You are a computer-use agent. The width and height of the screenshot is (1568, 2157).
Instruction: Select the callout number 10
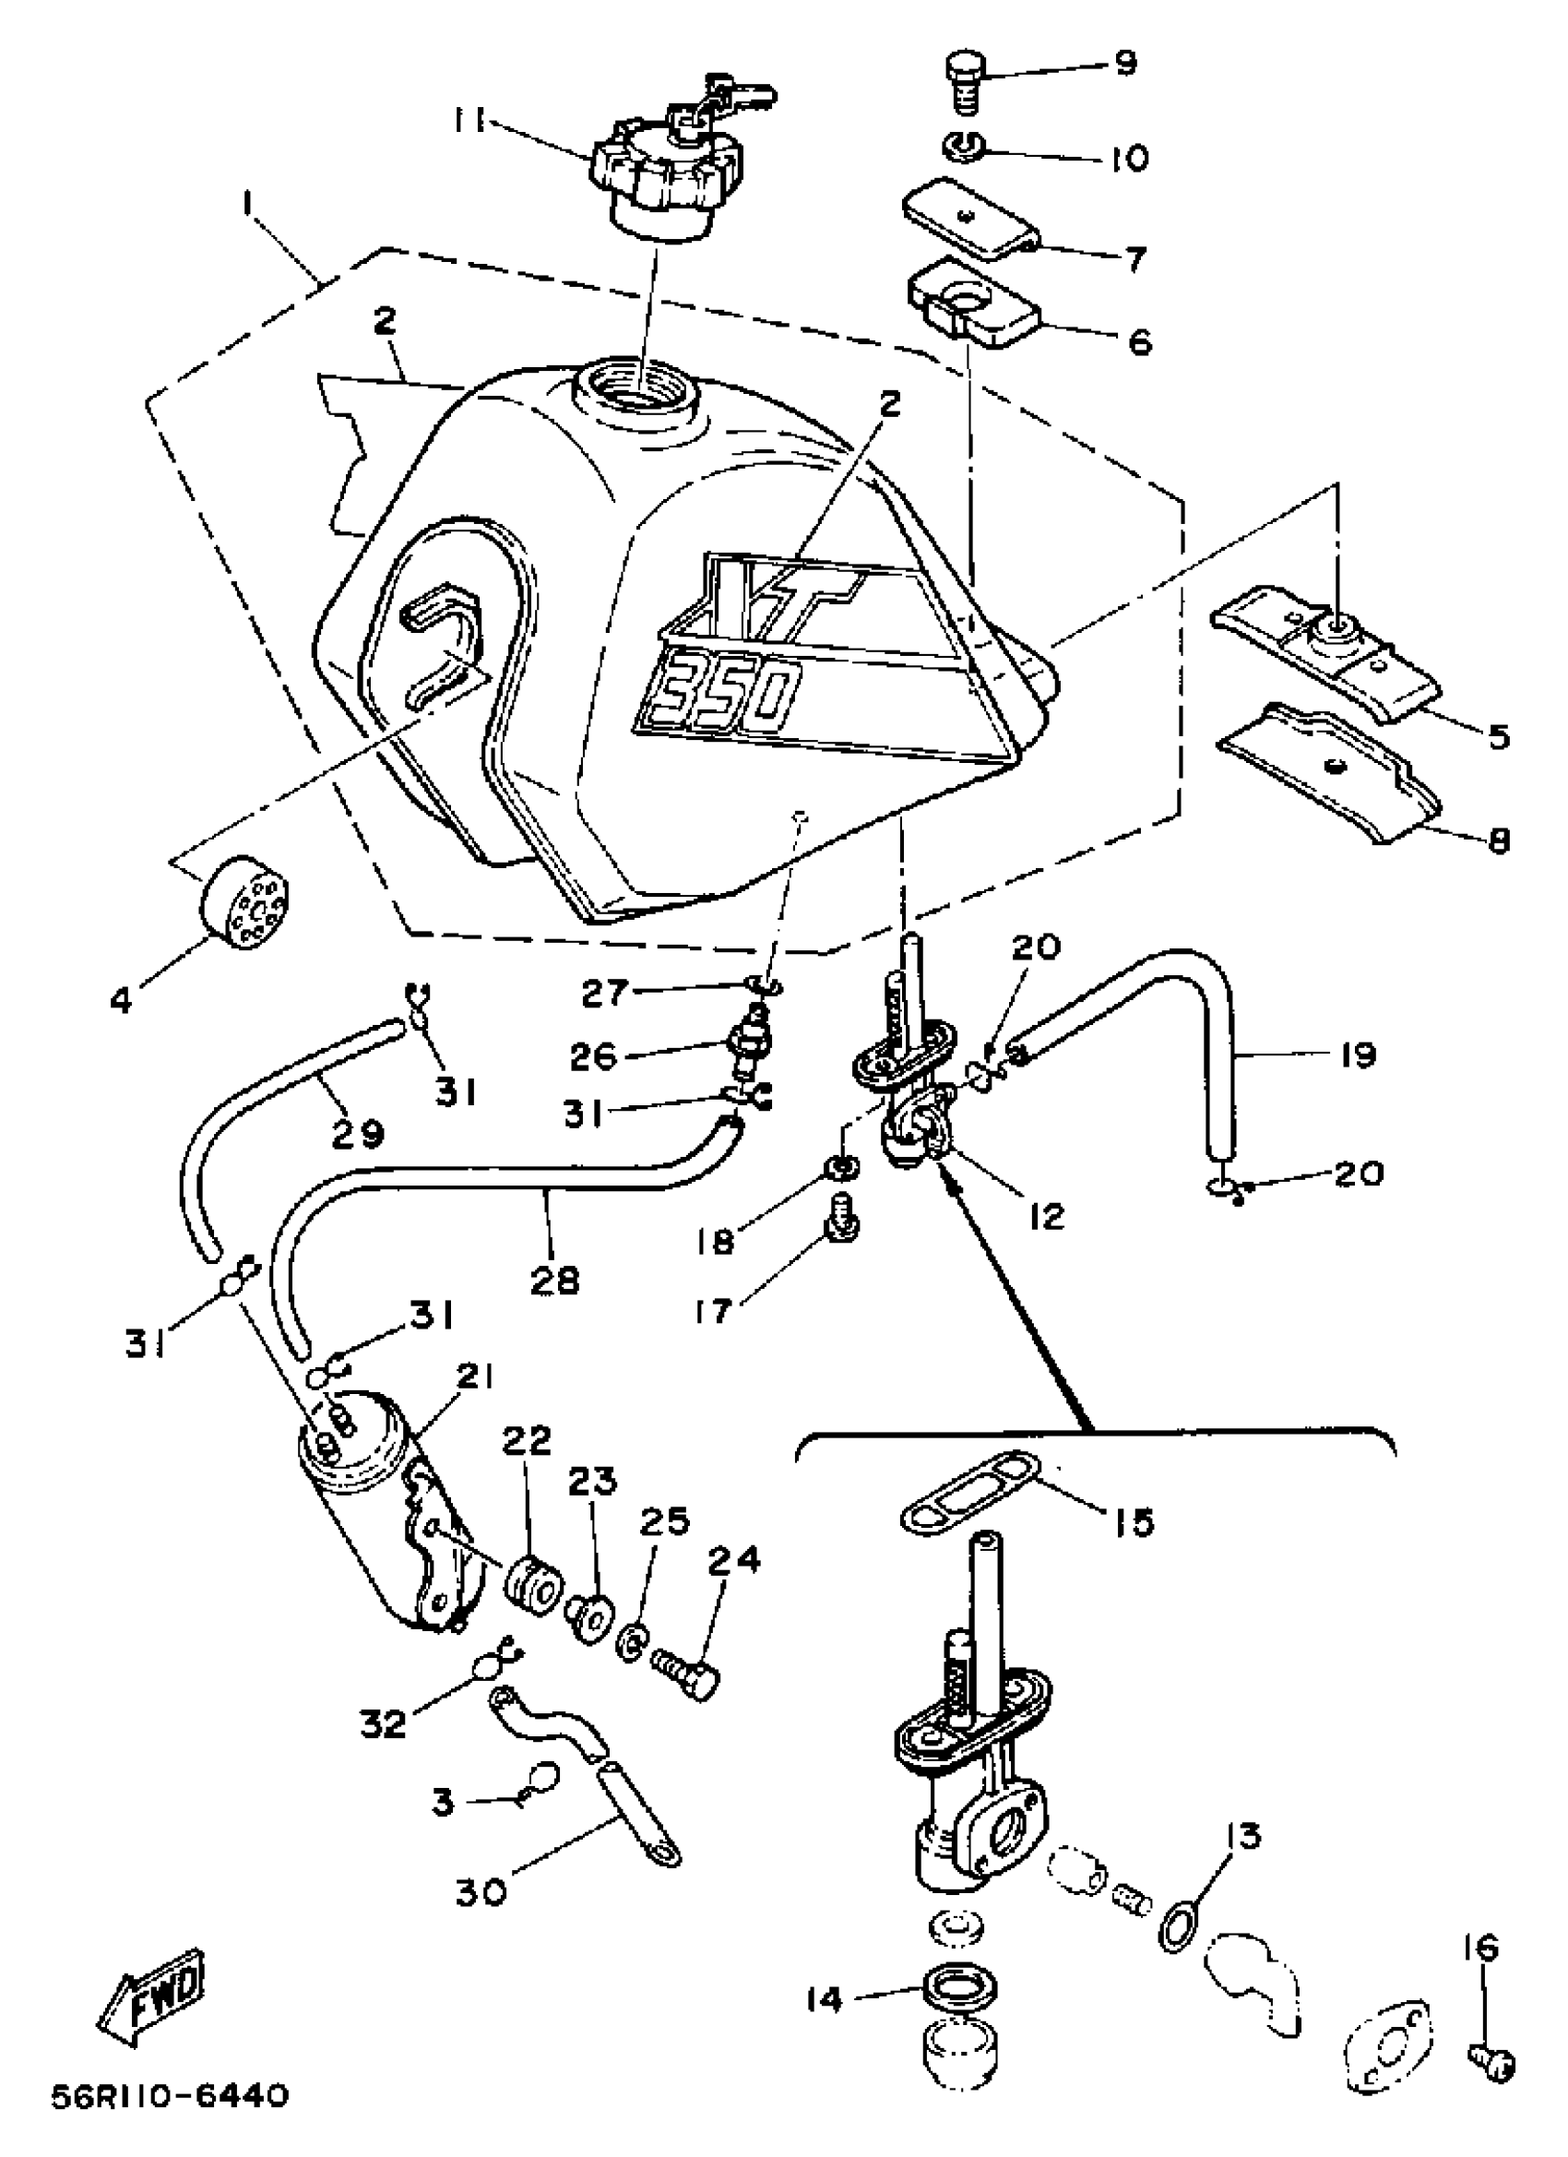pyautogui.click(x=1129, y=157)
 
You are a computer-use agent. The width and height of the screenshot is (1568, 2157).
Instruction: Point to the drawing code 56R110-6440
pyautogui.click(x=170, y=2094)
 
